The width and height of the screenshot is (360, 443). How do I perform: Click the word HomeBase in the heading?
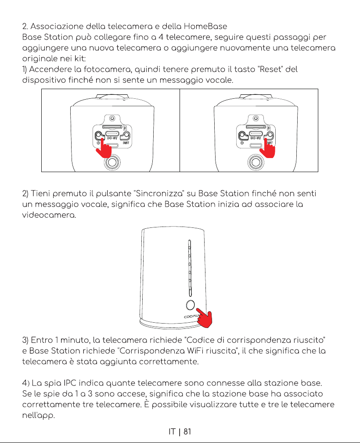click(205, 26)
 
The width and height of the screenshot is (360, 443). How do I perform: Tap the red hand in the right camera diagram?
click(267, 148)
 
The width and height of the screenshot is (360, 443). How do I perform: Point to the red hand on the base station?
click(204, 318)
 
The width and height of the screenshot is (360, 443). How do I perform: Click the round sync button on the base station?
click(191, 305)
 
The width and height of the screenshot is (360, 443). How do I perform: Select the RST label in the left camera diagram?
click(126, 143)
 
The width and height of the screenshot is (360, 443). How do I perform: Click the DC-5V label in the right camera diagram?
click(256, 138)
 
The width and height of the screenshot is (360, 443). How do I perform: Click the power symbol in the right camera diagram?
click(242, 143)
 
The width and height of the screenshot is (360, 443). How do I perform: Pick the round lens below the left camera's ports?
click(112, 162)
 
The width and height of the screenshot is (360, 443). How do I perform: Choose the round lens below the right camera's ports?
click(256, 162)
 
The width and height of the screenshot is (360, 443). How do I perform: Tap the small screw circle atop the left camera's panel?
click(112, 118)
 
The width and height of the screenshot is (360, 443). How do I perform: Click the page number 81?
click(187, 432)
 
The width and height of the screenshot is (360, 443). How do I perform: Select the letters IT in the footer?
click(172, 432)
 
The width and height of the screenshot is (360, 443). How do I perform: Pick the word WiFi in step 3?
click(195, 351)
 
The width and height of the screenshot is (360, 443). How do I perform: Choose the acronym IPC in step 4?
click(70, 383)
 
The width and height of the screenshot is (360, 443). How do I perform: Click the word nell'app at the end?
click(39, 416)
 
